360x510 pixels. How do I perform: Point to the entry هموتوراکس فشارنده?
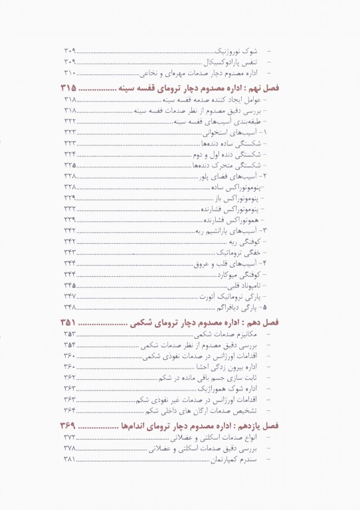[229, 219]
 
